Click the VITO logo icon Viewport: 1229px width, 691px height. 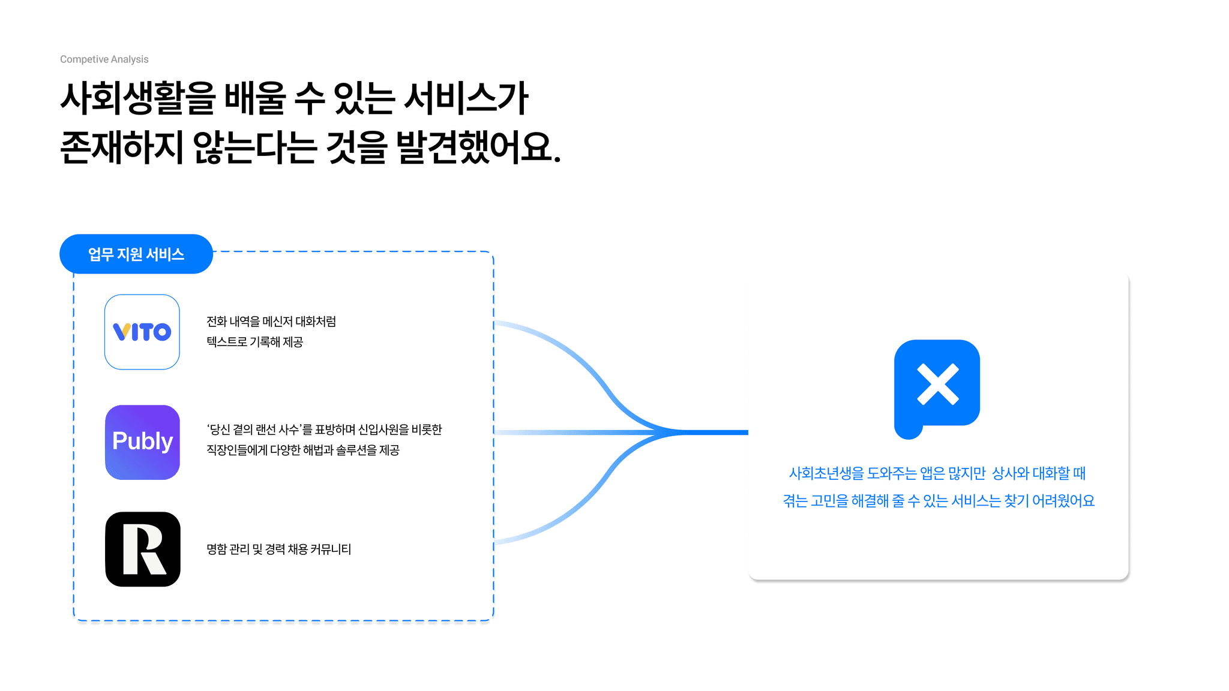tap(142, 332)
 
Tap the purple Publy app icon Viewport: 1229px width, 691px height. tap(142, 442)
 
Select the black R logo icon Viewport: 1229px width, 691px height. tap(143, 549)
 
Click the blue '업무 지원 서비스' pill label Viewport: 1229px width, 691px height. tap(136, 254)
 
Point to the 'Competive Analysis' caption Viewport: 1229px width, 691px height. tap(104, 59)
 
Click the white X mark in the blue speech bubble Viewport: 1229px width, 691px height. tap(937, 384)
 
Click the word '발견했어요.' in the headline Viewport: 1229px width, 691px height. tap(479, 148)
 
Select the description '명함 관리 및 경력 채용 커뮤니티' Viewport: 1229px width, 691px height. tap(278, 549)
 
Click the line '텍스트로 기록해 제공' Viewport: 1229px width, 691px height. tap(254, 342)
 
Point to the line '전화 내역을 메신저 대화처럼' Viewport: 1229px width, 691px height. tap(271, 322)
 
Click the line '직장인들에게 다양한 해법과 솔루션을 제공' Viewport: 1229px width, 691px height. tap(303, 450)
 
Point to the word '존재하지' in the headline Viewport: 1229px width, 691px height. tap(122, 148)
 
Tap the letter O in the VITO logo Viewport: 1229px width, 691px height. tap(161, 332)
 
